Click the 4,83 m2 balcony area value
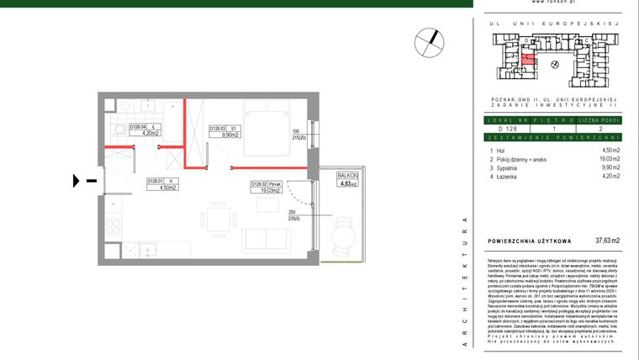(346, 183)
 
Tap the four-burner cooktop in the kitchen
(113, 226)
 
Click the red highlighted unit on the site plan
(528, 59)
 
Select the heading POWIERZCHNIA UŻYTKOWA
(530, 241)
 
